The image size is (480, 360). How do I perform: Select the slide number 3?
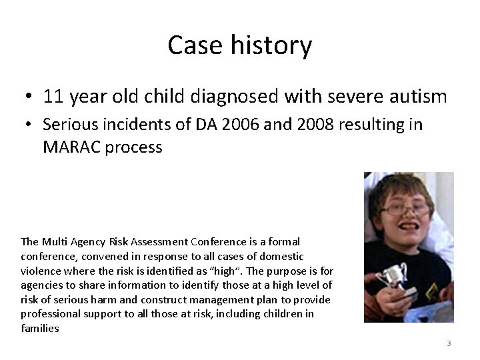[x=449, y=343]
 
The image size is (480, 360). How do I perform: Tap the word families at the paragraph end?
[x=40, y=328]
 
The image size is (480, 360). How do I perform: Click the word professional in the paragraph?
[x=51, y=313]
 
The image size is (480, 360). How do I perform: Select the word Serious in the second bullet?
[x=70, y=125]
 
